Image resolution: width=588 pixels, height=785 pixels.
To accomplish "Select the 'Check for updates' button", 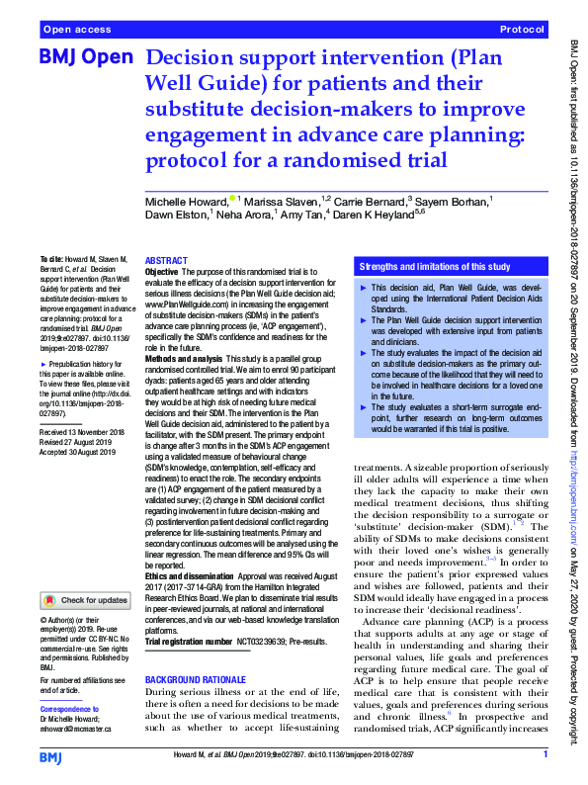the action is [x=85, y=600].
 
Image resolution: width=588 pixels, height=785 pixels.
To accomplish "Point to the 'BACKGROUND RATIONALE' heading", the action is [x=194, y=681].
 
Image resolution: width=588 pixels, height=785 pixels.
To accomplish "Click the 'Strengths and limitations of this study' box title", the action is [x=435, y=267].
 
